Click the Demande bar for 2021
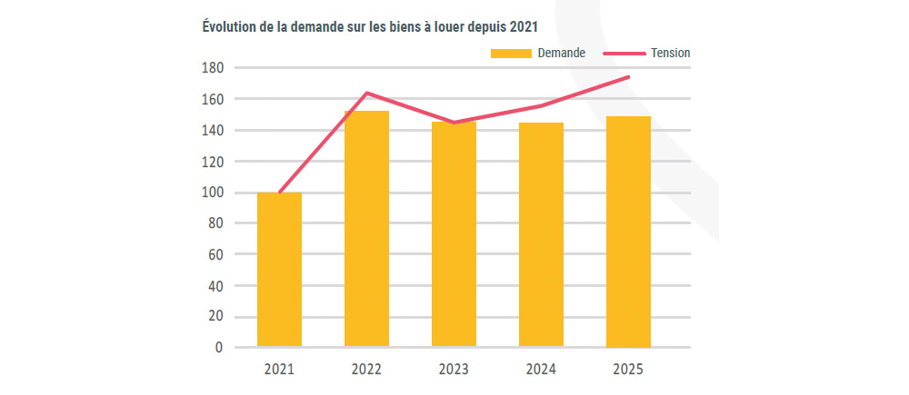click(279, 270)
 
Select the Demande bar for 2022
click(366, 229)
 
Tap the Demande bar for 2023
click(454, 234)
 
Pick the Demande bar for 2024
click(541, 234)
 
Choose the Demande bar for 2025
click(628, 232)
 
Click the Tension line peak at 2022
click(366, 93)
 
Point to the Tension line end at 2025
click(628, 77)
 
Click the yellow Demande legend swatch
click(510, 54)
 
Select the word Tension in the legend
click(670, 54)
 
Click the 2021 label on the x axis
click(279, 370)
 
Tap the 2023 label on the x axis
click(454, 370)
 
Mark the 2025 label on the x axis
click(628, 370)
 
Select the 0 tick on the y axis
click(219, 348)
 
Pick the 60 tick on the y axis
click(216, 254)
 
